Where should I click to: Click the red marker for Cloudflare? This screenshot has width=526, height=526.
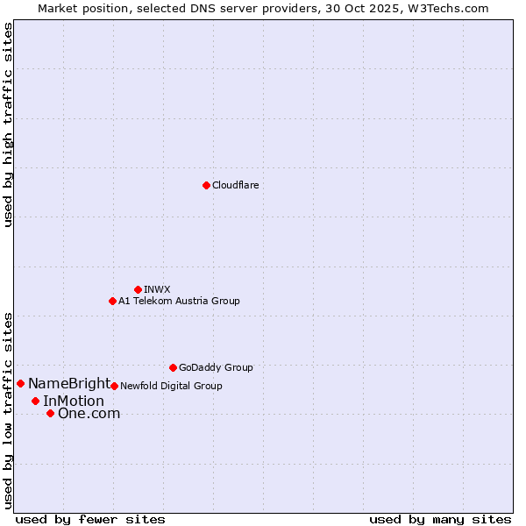tap(206, 185)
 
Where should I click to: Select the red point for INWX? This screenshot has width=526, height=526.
tap(138, 289)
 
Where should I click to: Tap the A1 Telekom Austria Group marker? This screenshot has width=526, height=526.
tap(112, 301)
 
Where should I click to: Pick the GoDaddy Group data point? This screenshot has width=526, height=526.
tap(173, 367)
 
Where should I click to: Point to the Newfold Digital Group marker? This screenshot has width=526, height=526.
tap(114, 386)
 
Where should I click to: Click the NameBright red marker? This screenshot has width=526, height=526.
tap(20, 383)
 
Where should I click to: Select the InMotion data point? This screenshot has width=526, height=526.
tap(35, 401)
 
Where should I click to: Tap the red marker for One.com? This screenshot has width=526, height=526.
tap(50, 413)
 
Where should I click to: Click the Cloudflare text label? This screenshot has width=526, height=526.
tap(236, 185)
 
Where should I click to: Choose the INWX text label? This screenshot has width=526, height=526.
tap(157, 289)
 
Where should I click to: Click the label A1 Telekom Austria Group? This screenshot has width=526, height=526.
tap(179, 301)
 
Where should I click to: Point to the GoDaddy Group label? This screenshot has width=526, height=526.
tap(216, 367)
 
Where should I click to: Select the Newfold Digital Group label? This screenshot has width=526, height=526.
tap(171, 386)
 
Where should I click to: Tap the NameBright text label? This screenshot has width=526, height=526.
tap(69, 383)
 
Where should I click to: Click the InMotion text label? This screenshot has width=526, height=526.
tap(74, 401)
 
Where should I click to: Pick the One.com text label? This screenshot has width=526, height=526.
tap(89, 413)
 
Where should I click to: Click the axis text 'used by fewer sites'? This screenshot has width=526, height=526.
tap(90, 519)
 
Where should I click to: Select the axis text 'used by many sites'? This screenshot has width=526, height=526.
tap(440, 519)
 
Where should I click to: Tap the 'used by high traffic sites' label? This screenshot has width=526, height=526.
tap(8, 124)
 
